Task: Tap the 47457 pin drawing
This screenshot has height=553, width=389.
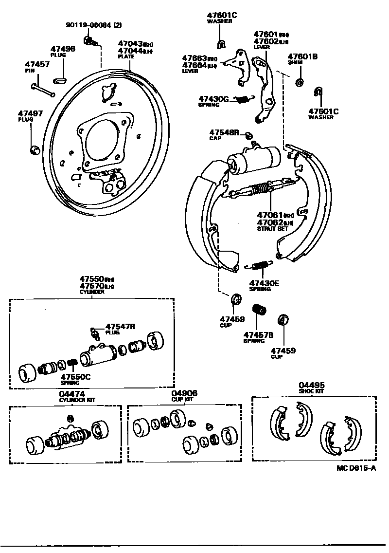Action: click(43, 90)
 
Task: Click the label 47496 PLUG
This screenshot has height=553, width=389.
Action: click(63, 51)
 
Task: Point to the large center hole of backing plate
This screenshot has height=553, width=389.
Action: click(103, 139)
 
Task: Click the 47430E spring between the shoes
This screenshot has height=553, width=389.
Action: click(262, 265)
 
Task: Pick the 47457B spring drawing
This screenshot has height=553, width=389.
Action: click(259, 310)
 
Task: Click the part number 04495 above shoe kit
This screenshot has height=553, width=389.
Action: click(312, 385)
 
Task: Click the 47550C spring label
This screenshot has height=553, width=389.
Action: click(75, 377)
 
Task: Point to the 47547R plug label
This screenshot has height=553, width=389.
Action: click(120, 327)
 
